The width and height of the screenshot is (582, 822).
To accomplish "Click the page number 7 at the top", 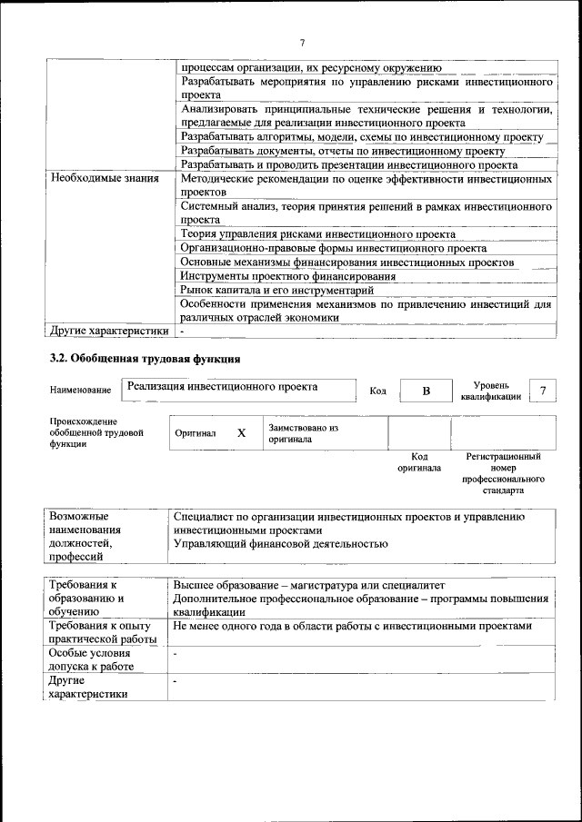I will click(302, 42).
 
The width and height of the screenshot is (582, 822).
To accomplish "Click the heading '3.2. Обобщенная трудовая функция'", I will click(145, 359).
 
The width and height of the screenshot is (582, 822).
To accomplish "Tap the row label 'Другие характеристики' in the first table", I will click(109, 332).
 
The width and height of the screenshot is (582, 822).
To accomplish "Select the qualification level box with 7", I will click(543, 390).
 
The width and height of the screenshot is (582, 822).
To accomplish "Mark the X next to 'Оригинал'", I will click(241, 433).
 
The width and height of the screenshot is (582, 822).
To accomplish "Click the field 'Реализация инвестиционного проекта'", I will click(223, 387).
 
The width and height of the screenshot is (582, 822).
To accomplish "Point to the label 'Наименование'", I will click(81, 391).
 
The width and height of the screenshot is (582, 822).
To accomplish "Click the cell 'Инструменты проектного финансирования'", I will click(287, 276).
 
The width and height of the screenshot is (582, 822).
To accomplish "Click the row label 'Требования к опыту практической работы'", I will click(103, 634).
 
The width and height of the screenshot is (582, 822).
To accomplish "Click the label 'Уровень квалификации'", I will click(491, 391).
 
